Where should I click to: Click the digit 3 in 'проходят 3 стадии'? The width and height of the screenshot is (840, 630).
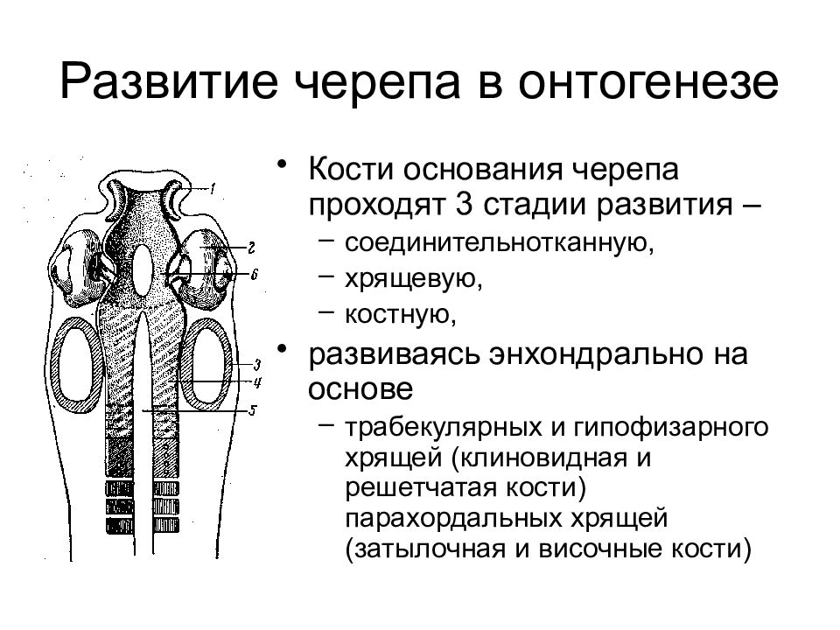[x=463, y=204]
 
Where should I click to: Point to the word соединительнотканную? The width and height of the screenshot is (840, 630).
[x=500, y=242]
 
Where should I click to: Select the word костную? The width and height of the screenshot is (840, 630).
[x=401, y=313]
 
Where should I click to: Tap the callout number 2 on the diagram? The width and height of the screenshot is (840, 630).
[x=250, y=248]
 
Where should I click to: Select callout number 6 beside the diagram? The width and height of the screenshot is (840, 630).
[x=254, y=274]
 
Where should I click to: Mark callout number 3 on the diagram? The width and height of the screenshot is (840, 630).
[x=256, y=366]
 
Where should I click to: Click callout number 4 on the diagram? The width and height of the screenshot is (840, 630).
[x=256, y=382]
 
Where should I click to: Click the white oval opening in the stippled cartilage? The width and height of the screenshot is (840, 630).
[x=142, y=269]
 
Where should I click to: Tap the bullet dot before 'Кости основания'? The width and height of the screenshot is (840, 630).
[x=282, y=163]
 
